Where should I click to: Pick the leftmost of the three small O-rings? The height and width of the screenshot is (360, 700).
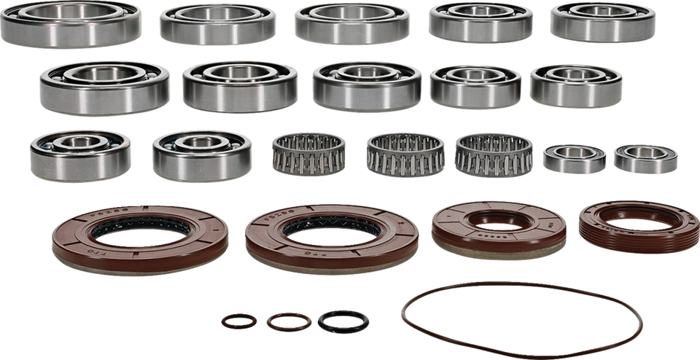[239, 320]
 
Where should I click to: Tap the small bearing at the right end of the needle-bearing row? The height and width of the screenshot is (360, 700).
[645, 158]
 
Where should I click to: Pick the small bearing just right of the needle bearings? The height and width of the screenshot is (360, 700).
[576, 158]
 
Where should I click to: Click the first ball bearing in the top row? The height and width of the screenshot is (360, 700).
[71, 23]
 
